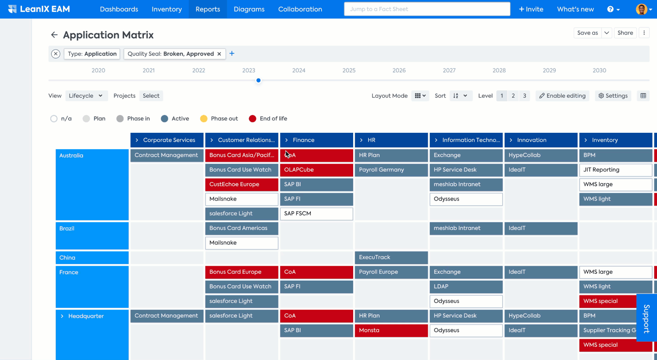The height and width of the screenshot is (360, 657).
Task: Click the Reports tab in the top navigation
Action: (x=208, y=9)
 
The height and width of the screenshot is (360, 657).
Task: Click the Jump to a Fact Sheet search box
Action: (x=427, y=9)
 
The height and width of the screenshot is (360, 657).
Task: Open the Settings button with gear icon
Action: (x=613, y=96)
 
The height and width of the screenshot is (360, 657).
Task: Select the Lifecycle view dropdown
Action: (x=86, y=96)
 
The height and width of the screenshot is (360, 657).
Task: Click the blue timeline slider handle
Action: (x=258, y=80)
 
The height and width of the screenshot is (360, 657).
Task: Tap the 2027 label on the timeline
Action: (x=449, y=70)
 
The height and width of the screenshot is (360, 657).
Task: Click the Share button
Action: (x=625, y=33)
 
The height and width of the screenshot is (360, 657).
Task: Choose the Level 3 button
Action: (x=524, y=96)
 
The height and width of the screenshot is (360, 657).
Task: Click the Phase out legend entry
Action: (x=219, y=119)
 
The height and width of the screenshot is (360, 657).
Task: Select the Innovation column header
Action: (x=541, y=140)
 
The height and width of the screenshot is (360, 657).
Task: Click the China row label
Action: (x=92, y=257)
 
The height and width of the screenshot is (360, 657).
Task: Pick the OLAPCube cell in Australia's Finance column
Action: (x=316, y=170)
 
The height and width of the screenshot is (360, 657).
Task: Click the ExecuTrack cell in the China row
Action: (x=391, y=257)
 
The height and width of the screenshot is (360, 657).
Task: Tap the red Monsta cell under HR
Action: (x=391, y=330)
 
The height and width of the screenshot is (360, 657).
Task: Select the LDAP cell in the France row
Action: (x=466, y=287)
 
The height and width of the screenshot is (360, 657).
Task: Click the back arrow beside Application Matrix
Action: (x=54, y=35)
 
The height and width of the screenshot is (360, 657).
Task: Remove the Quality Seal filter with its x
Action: (x=219, y=54)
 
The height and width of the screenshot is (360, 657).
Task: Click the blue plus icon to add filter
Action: (x=232, y=53)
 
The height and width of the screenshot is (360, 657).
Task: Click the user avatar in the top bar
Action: (x=641, y=9)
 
